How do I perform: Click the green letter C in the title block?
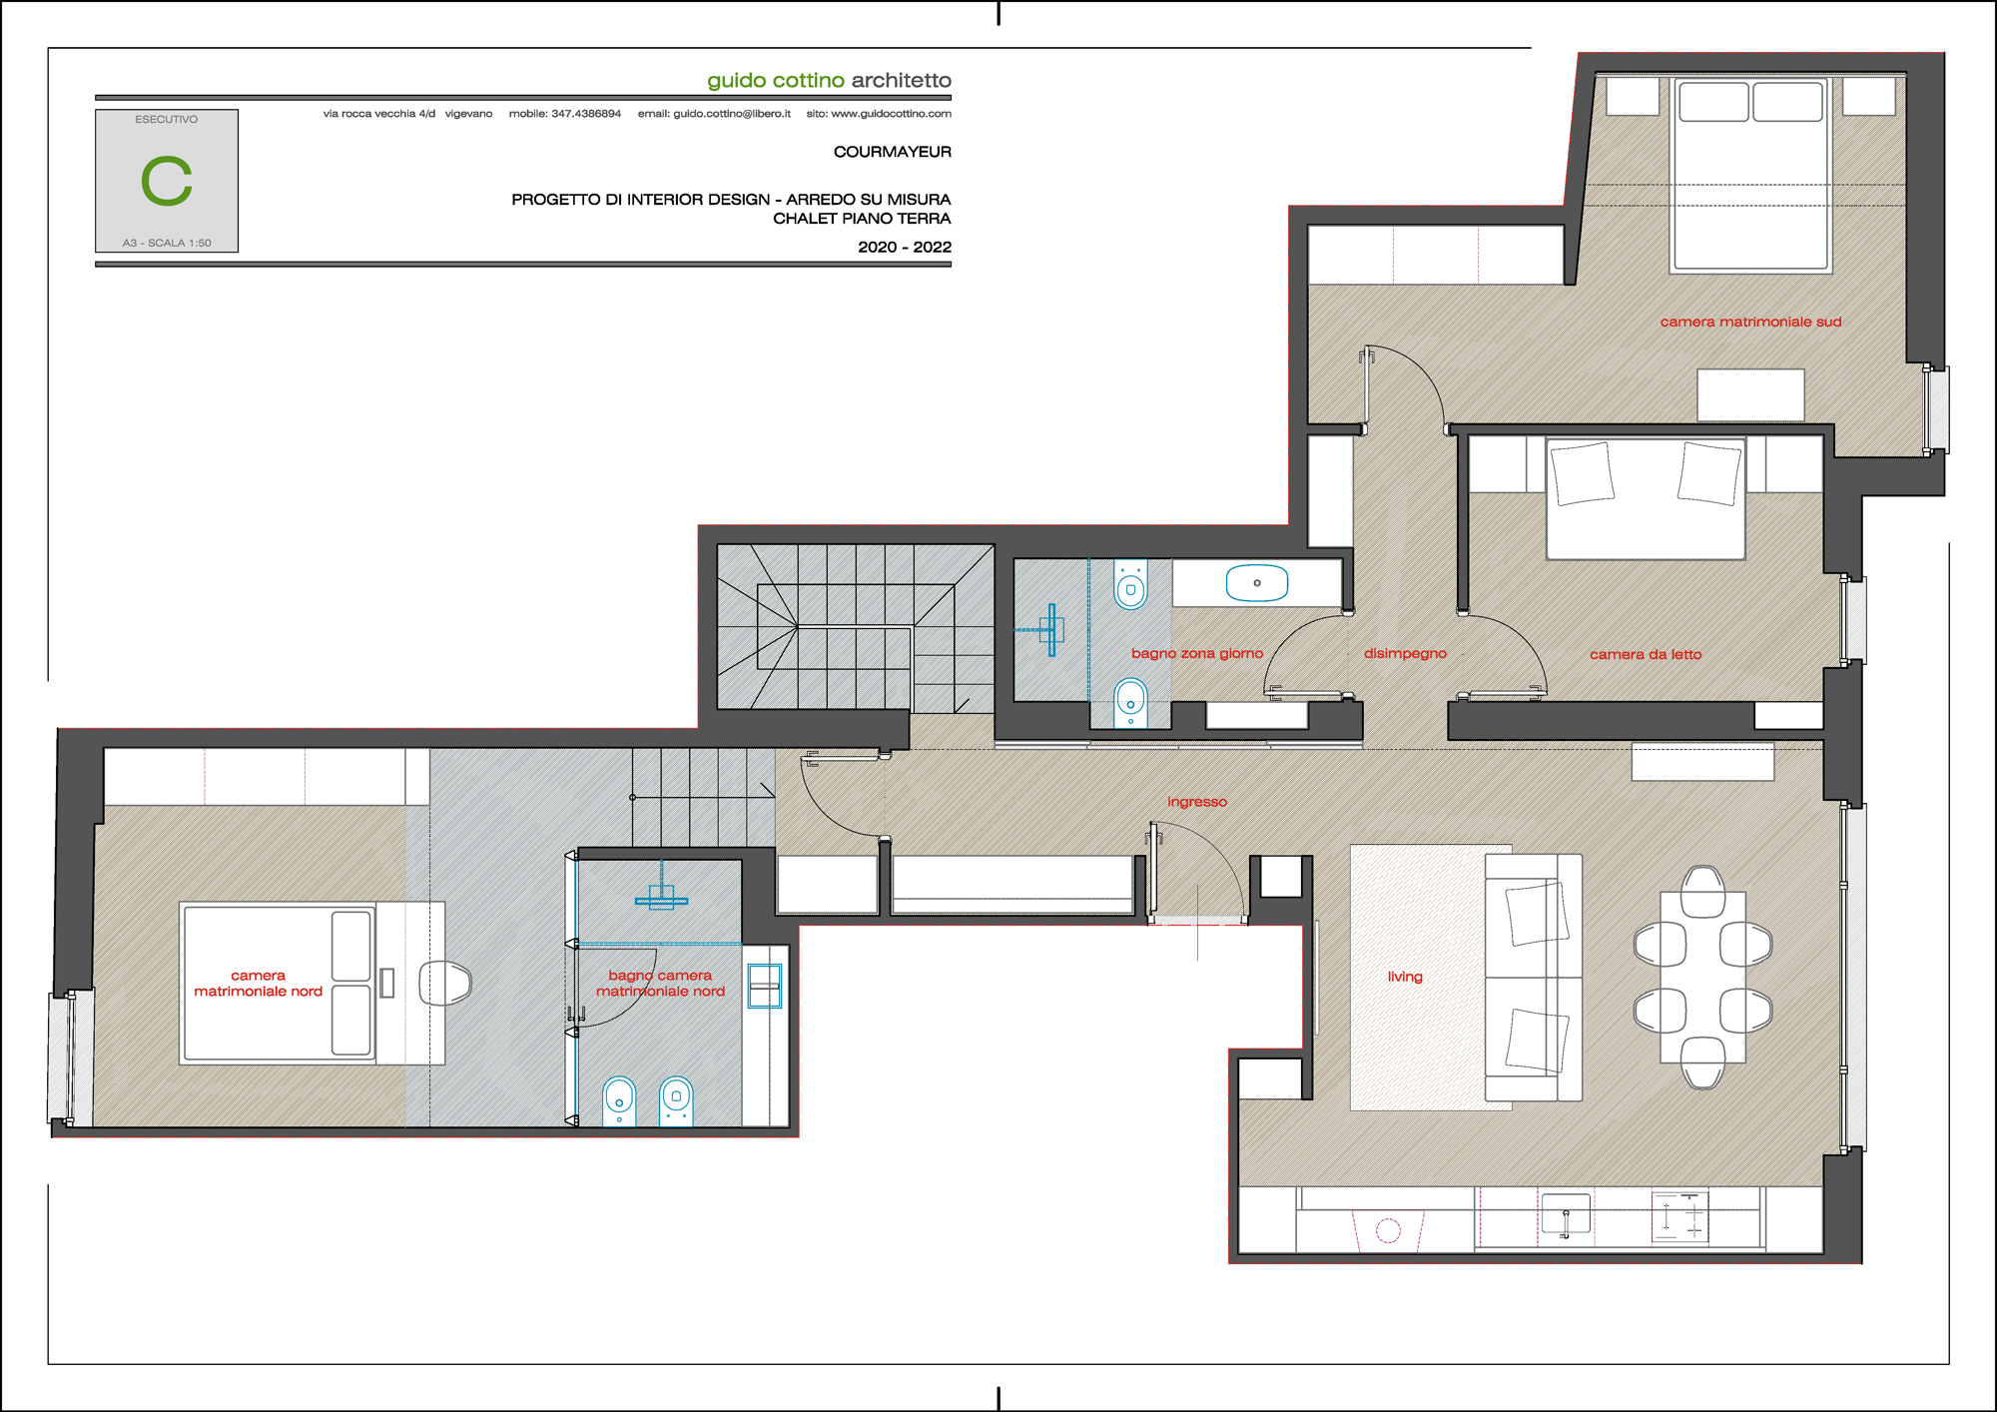pyautogui.click(x=167, y=181)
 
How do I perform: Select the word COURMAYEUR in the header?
pyautogui.click(x=893, y=152)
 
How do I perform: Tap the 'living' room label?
pyautogui.click(x=1405, y=977)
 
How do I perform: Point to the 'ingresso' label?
pyautogui.click(x=1197, y=802)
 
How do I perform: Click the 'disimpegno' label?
pyautogui.click(x=1405, y=653)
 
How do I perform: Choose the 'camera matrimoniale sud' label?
pyautogui.click(x=1750, y=322)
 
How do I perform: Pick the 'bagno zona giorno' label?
pyautogui.click(x=1197, y=653)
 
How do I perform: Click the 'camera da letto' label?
pyautogui.click(x=1646, y=654)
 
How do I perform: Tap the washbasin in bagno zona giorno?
pyautogui.click(x=1257, y=583)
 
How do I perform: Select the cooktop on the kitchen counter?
pyautogui.click(x=1679, y=1216)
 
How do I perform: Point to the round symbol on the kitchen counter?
pyautogui.click(x=1388, y=1230)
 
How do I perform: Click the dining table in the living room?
pyautogui.click(x=1702, y=977)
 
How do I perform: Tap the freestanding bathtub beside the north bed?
pyautogui.click(x=445, y=984)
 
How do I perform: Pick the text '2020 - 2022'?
pyautogui.click(x=905, y=247)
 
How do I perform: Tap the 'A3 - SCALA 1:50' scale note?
pyautogui.click(x=167, y=243)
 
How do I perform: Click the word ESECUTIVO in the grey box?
pyautogui.click(x=167, y=119)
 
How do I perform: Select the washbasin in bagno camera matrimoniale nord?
pyautogui.click(x=765, y=986)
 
